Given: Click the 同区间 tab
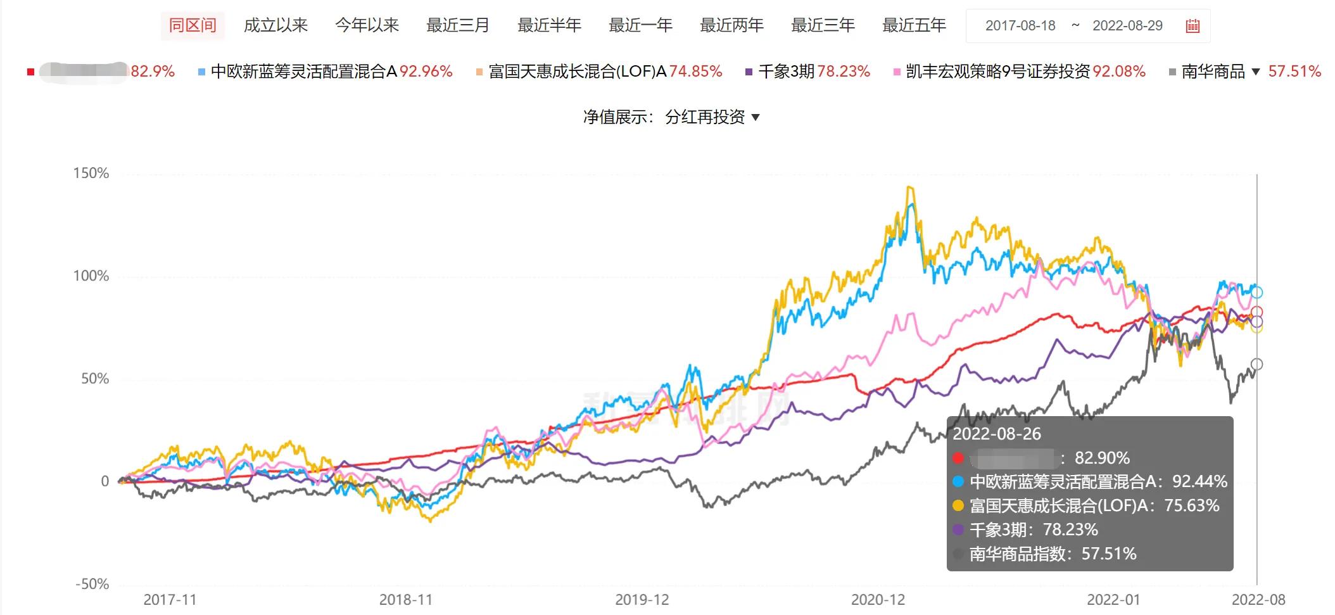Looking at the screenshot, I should tap(193, 25).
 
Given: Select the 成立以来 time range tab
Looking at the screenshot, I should tap(275, 25).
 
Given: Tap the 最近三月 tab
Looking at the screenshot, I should tap(458, 25).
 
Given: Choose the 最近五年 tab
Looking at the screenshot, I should tap(914, 25).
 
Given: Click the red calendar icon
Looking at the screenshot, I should tap(1193, 26).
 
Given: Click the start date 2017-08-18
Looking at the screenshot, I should tap(1020, 26).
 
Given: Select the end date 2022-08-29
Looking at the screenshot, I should tap(1127, 26).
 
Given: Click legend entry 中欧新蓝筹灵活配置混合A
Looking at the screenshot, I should tap(303, 72).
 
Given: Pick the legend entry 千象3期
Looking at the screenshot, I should tap(786, 72).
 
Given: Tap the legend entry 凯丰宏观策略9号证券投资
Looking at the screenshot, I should tap(997, 72).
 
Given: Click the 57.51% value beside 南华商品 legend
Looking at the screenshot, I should tap(1294, 72).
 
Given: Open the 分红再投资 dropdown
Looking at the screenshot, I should tap(712, 117).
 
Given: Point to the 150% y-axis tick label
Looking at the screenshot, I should tap(91, 174).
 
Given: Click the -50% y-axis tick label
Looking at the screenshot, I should tap(92, 584).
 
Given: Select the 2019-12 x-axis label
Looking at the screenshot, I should tap(642, 600).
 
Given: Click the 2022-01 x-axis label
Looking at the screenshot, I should tap(1113, 600).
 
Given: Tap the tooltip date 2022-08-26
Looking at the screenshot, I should tap(997, 434).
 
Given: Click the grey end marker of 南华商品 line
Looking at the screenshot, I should tap(1256, 364).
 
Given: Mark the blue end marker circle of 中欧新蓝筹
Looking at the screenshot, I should tap(1256, 293).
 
